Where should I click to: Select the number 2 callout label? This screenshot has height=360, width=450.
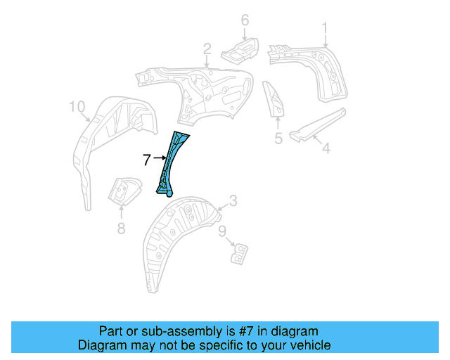pyautogui.click(x=207, y=49)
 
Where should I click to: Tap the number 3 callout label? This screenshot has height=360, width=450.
pyautogui.click(x=233, y=201)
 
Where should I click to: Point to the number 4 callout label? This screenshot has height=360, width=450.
pyautogui.click(x=326, y=148)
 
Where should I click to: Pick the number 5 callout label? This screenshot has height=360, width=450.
pyautogui.click(x=278, y=139)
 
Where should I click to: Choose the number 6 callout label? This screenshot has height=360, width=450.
pyautogui.click(x=245, y=20)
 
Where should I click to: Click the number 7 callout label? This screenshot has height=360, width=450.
pyautogui.click(x=146, y=160)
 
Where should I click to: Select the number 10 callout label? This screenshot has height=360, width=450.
pyautogui.click(x=77, y=107)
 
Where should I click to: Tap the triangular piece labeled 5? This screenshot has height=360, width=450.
pyautogui.click(x=273, y=98)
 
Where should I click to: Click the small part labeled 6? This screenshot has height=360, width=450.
pyautogui.click(x=238, y=50)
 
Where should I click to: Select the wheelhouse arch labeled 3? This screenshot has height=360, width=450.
pyautogui.click(x=176, y=232)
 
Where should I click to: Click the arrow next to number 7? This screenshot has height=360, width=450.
pyautogui.click(x=158, y=160)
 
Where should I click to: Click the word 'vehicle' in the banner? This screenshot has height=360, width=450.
pyautogui.click(x=308, y=345)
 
